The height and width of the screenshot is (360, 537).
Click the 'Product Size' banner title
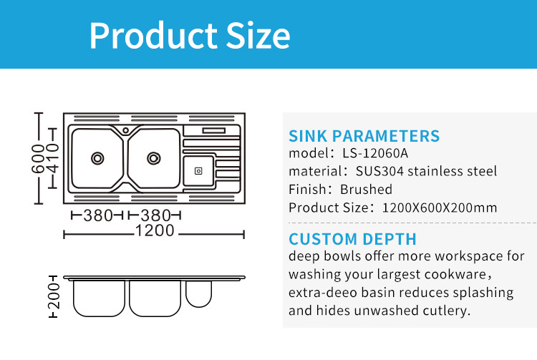click(190, 36)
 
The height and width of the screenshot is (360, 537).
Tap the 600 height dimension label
click(38, 158)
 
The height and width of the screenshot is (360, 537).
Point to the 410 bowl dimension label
click(53, 158)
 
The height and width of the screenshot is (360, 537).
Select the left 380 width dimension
click(98, 215)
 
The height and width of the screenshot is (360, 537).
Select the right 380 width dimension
click(155, 215)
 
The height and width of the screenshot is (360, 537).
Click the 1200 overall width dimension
click(155, 230)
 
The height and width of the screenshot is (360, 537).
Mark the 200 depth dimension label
click(54, 296)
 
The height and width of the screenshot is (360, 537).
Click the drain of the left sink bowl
click(97, 158)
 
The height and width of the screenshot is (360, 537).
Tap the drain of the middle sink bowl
click(154, 158)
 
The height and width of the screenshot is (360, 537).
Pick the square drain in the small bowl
click(198, 171)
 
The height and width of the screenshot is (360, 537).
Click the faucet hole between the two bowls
click(126, 130)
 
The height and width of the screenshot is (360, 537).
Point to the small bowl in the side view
click(198, 293)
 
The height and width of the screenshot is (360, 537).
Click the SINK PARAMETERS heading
click(364, 136)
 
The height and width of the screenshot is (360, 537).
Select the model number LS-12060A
click(375, 153)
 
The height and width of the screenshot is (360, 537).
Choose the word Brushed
click(366, 189)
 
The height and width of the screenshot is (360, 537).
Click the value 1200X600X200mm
click(440, 208)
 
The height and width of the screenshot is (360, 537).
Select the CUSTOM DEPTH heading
click(352, 239)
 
